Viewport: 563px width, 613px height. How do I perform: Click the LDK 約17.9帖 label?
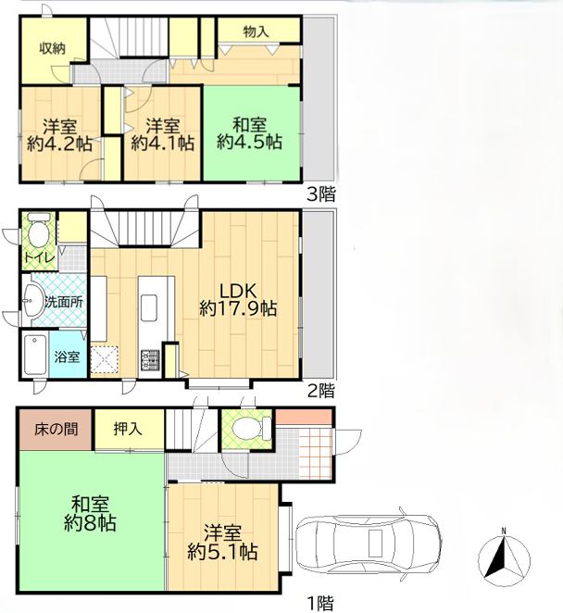(238, 300)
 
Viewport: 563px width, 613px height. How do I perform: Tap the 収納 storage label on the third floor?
(52, 48)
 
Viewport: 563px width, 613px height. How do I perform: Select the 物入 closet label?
(256, 31)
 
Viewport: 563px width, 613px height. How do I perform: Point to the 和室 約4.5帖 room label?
(249, 133)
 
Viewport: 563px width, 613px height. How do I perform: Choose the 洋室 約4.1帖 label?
(163, 135)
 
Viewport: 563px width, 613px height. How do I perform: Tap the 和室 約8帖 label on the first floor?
(90, 514)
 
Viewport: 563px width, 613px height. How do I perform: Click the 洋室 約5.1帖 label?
(222, 543)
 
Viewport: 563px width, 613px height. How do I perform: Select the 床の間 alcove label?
(56, 430)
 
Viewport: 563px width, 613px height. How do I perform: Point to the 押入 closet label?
(128, 430)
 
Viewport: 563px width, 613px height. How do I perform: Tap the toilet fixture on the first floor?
(251, 428)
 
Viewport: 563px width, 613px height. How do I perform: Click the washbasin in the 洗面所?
(33, 300)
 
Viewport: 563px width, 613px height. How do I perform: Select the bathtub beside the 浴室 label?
(35, 355)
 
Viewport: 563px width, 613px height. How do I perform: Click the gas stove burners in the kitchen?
(150, 360)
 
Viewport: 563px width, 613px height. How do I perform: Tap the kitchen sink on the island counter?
(149, 308)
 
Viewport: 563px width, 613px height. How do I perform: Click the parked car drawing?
(369, 544)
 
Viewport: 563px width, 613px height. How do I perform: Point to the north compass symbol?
(504, 557)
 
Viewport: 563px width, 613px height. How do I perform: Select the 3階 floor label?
(321, 194)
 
